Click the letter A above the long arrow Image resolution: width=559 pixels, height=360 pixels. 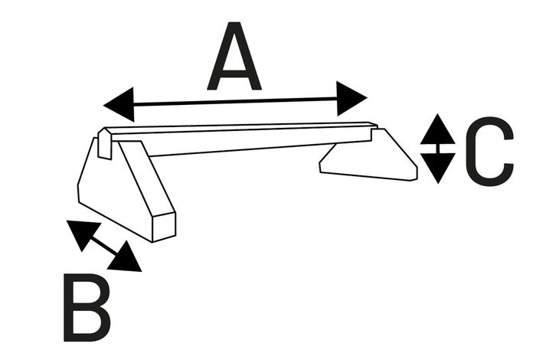[234, 56]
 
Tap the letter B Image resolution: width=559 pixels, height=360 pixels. [87, 308]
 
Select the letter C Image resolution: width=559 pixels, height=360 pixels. [490, 151]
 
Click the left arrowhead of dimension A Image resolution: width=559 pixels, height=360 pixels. [119, 104]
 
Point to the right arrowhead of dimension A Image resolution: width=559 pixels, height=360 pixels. [351, 98]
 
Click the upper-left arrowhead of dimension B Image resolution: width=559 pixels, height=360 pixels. [83, 235]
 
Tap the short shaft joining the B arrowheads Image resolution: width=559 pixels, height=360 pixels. [104, 246]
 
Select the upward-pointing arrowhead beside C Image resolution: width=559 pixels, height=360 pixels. [438, 129]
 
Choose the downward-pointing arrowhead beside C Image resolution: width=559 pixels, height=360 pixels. [438, 169]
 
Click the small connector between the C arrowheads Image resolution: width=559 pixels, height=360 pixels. [438, 149]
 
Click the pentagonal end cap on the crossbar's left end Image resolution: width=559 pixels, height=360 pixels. [105, 144]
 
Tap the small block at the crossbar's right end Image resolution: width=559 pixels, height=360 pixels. [374, 134]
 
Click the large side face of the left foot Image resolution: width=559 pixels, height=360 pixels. [114, 189]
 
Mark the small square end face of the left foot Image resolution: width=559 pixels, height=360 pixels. [165, 227]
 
